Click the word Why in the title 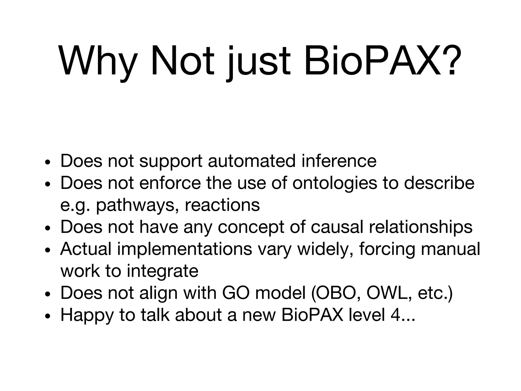tap(98, 61)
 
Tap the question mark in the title tap(451, 61)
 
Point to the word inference tap(339, 161)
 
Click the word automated tap(252, 161)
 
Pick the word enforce tap(170, 183)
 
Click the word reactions tap(222, 205)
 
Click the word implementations tap(184, 249)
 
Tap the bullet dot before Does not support tap(47, 162)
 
